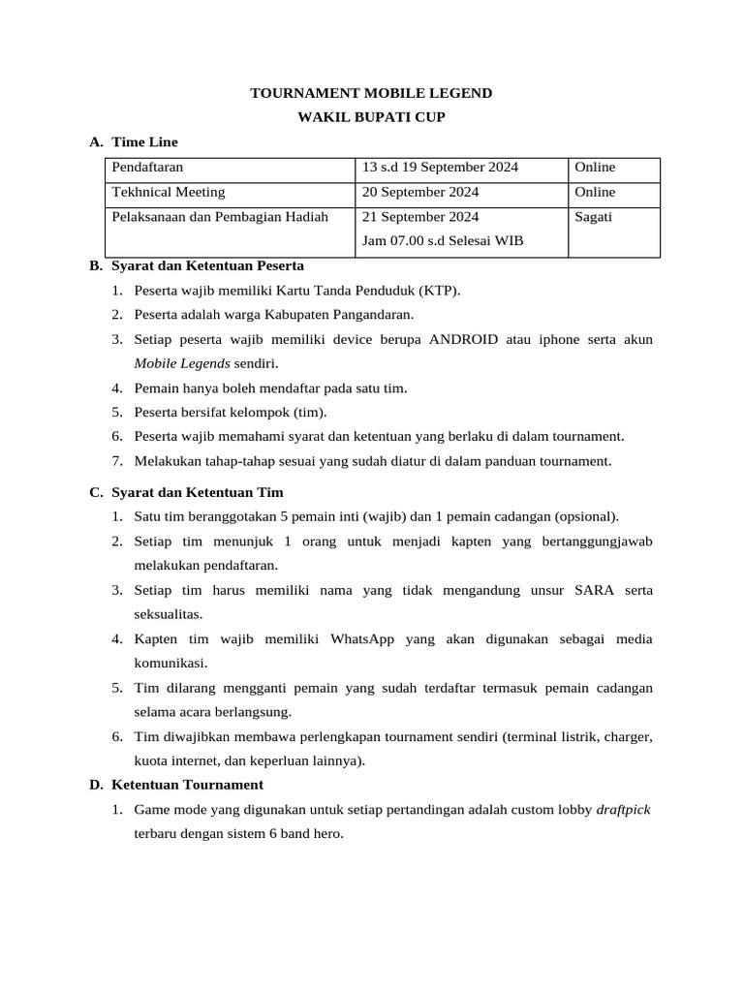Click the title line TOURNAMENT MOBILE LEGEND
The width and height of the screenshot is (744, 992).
point(372,93)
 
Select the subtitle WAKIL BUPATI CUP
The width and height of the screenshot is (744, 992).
point(372,117)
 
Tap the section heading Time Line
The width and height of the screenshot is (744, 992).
point(144,142)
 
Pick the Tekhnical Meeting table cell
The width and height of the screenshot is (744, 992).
point(169,192)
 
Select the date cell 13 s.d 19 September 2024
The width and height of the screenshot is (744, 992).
point(440,168)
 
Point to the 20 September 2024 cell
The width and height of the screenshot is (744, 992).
point(419,192)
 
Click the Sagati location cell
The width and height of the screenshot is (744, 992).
point(594,217)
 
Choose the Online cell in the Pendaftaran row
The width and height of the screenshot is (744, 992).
point(595,168)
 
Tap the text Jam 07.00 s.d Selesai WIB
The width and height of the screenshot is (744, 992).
point(442,240)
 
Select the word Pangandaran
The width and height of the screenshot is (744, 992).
point(373,314)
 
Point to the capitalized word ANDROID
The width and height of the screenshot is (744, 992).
point(465,339)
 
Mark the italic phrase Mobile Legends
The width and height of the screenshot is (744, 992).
point(182,363)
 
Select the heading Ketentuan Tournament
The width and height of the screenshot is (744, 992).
point(187,785)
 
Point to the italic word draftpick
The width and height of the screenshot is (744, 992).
point(623,809)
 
